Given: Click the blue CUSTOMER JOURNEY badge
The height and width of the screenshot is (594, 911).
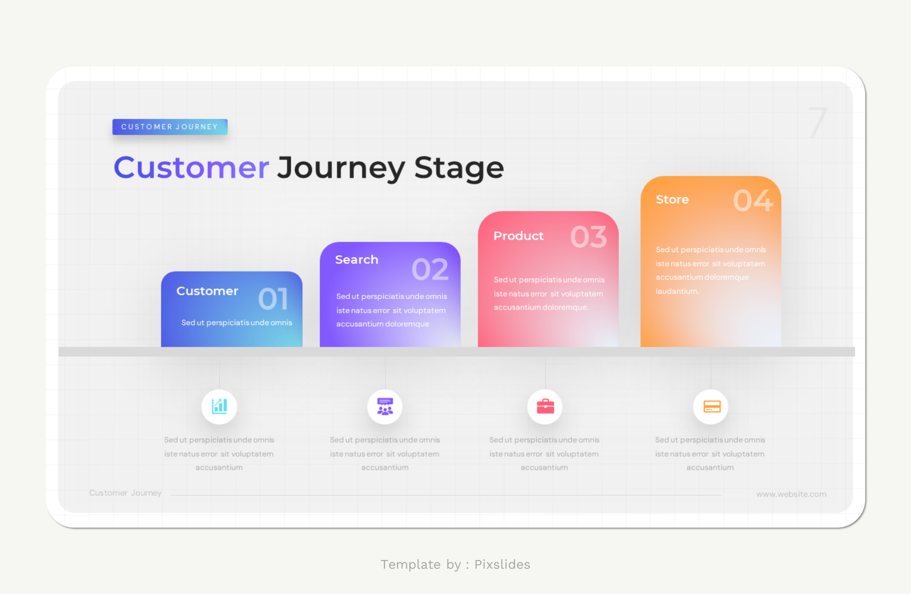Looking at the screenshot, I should (x=170, y=127).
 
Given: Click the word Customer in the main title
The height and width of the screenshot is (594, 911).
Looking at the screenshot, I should (x=191, y=168).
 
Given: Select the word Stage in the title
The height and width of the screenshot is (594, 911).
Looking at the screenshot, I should (x=459, y=168).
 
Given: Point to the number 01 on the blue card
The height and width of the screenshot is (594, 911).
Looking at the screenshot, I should (x=273, y=299).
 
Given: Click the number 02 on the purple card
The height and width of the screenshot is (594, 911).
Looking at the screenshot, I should (x=430, y=269).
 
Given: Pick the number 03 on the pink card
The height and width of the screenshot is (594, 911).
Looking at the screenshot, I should (x=588, y=237).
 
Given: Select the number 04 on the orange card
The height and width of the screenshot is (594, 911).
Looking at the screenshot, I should (x=753, y=201).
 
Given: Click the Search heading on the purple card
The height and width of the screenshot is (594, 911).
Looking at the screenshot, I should (x=356, y=259).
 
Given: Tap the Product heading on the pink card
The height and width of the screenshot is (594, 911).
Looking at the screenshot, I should (x=518, y=236).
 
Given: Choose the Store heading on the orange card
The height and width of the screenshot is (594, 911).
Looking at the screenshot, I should (x=672, y=199).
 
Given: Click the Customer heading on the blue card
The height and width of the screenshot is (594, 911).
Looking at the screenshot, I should (x=207, y=291).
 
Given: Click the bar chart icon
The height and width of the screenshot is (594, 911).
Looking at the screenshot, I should (x=219, y=406).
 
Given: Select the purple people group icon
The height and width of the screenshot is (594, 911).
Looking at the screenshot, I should (x=385, y=406).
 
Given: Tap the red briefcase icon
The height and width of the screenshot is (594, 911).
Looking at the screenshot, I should (x=545, y=406).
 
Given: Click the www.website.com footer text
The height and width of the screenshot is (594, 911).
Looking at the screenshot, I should (x=791, y=494).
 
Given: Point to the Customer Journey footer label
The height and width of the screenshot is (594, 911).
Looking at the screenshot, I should (x=125, y=493).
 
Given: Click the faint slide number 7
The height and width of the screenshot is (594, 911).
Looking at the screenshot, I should (x=817, y=122).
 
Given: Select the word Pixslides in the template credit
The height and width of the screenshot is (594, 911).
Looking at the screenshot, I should (x=502, y=564).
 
